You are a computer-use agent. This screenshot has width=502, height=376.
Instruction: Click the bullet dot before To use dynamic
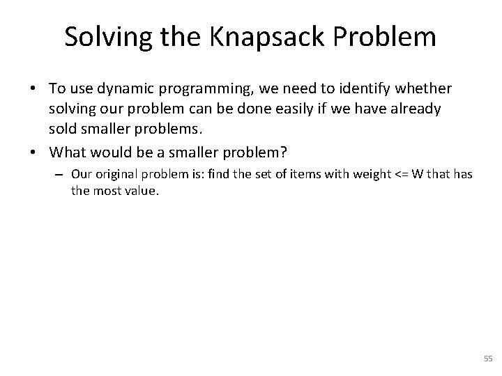click(x=33, y=90)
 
